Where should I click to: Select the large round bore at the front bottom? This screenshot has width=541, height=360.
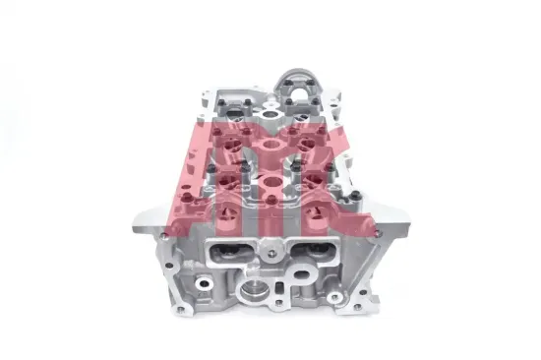point(255,291)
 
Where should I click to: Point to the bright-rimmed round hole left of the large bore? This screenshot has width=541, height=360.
point(205,283)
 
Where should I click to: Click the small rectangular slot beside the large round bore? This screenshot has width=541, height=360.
point(282,287)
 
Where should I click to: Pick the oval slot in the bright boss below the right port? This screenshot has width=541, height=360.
point(303,275)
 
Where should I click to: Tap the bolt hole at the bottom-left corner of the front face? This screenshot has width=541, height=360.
point(178,309)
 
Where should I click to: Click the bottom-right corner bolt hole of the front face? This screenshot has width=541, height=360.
point(358,306)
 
